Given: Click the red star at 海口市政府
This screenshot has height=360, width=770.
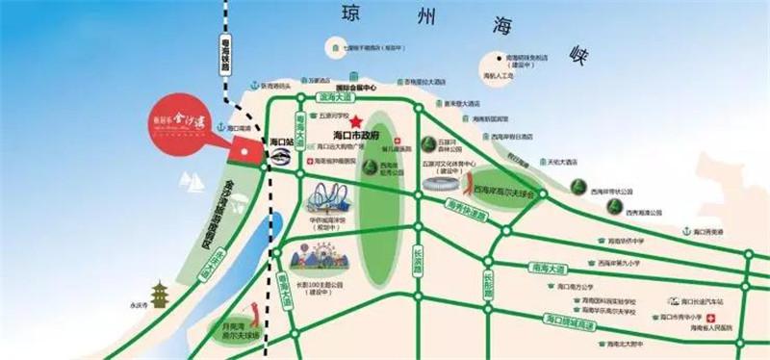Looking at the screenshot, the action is (357, 122).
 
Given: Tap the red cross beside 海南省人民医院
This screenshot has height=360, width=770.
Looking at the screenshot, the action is (711, 319).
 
